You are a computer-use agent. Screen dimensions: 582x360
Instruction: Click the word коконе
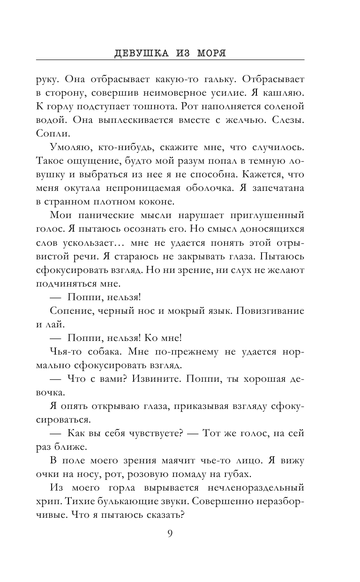click(x=145, y=202)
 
